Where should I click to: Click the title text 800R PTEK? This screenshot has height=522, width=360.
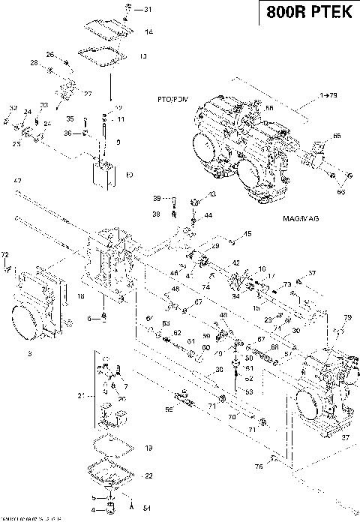click(308, 13)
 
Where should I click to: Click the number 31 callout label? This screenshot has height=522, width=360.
click(147, 10)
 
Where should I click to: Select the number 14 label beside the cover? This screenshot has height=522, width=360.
click(148, 31)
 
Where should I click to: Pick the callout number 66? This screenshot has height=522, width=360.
click(336, 136)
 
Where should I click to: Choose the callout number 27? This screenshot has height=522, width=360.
click(87, 93)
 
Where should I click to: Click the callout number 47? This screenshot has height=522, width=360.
click(17, 181)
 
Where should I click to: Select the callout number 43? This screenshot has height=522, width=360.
click(211, 194)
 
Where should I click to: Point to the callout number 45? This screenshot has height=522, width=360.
click(248, 234)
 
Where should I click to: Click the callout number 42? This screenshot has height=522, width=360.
click(235, 263)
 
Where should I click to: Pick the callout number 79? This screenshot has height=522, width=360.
click(347, 318)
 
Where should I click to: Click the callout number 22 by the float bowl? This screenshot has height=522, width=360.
click(148, 475)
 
